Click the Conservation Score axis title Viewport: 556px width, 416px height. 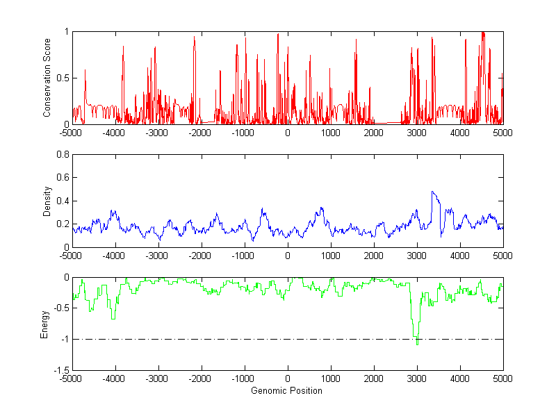pyautogui.click(x=47, y=77)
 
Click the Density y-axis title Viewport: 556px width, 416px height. pyautogui.click(x=47, y=201)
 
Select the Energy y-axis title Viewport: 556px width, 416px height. pyautogui.click(x=44, y=324)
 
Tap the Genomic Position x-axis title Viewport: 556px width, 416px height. pyautogui.click(x=286, y=391)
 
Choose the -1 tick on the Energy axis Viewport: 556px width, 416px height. pyautogui.click(x=64, y=340)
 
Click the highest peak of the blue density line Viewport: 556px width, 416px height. pyautogui.click(x=432, y=192)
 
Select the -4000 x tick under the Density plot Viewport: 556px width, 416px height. pyautogui.click(x=114, y=256)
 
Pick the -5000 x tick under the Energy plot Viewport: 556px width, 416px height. pyautogui.click(x=71, y=378)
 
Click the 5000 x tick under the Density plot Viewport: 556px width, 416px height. pyautogui.click(x=502, y=256)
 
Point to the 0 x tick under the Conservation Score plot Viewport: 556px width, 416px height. pyautogui.click(x=288, y=132)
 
